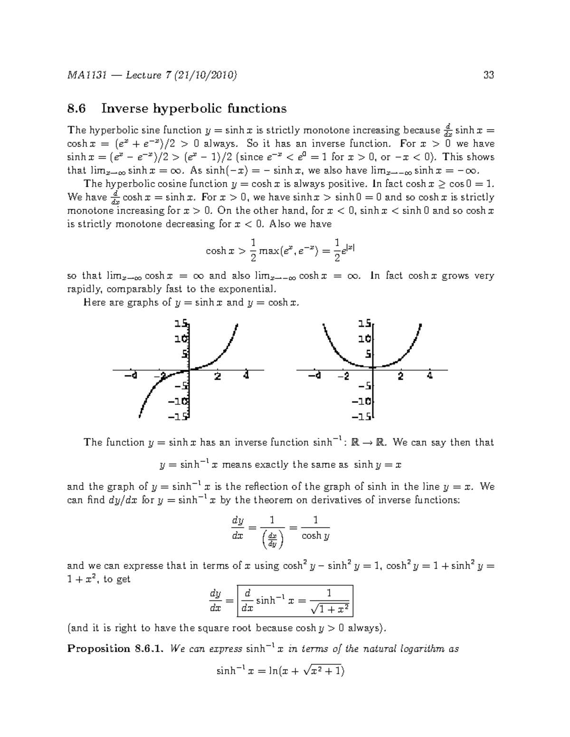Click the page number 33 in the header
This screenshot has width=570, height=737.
coord(488,75)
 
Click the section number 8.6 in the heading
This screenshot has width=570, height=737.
coord(76,109)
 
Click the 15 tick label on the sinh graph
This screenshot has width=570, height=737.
coord(180,324)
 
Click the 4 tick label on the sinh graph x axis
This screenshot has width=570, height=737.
coord(246,376)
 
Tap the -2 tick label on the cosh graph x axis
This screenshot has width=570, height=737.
coord(343,376)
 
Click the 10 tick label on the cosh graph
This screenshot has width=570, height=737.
coord(365,339)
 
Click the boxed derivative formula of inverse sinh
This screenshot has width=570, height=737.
coord(295,601)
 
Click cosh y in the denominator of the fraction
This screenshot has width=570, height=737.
coord(316,536)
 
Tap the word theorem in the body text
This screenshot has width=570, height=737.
coord(274,500)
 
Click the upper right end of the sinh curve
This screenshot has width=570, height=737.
coord(236,325)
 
